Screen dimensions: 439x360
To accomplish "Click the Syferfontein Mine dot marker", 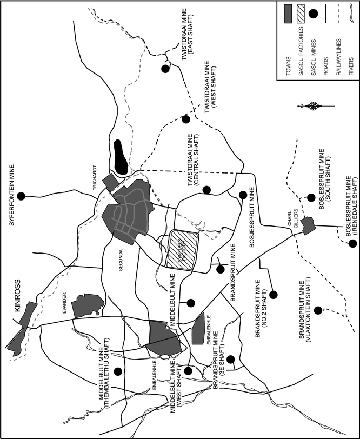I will (21, 196).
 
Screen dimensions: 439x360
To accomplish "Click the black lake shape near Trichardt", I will (121, 157).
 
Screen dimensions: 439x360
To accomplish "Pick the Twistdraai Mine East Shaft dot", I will (165, 69).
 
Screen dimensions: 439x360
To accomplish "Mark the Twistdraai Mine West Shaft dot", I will (186, 119).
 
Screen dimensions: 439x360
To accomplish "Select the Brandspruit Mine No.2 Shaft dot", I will (274, 295).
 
